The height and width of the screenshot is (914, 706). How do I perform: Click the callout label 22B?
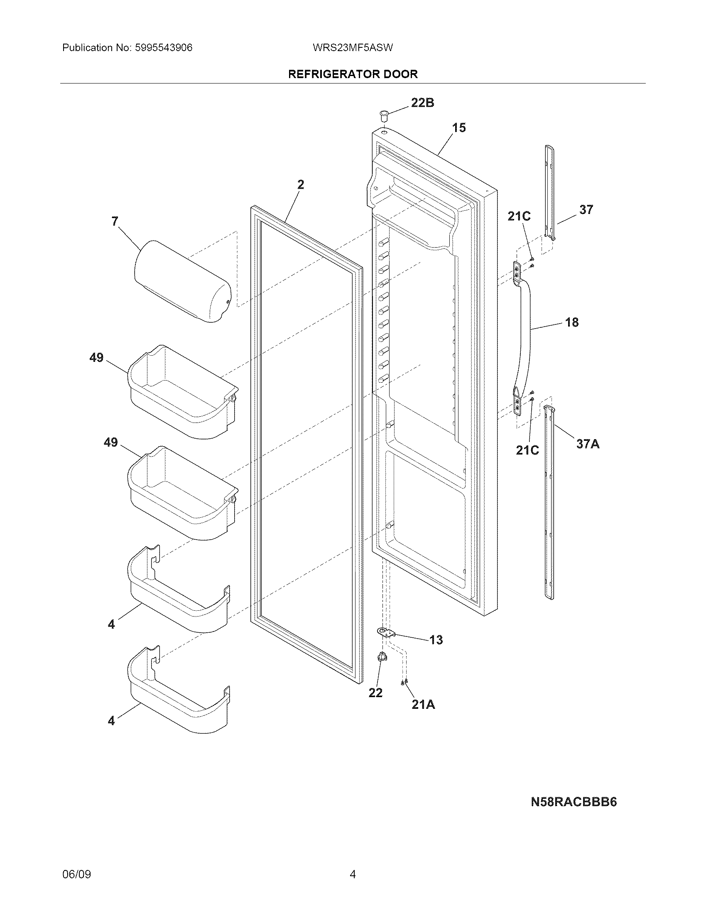pyautogui.click(x=422, y=103)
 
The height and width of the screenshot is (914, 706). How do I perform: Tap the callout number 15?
pyautogui.click(x=459, y=128)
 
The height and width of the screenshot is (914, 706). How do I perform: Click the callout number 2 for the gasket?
pyautogui.click(x=301, y=184)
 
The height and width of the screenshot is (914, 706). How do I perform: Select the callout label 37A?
pyautogui.click(x=588, y=444)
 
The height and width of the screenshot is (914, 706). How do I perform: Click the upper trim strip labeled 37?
pyautogui.click(x=550, y=192)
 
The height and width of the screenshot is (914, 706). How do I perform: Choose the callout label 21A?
pyautogui.click(x=423, y=705)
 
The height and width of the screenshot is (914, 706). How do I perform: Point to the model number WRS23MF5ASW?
pyautogui.click(x=353, y=48)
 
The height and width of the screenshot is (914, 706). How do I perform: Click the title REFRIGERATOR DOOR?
pyautogui.click(x=353, y=74)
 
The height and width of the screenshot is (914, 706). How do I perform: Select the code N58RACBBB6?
pyautogui.click(x=574, y=802)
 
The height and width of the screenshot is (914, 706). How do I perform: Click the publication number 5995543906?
pyautogui.click(x=164, y=48)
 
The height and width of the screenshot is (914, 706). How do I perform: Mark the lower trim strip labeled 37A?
pyautogui.click(x=549, y=502)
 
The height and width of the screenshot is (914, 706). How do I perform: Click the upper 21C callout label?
pyautogui.click(x=519, y=216)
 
